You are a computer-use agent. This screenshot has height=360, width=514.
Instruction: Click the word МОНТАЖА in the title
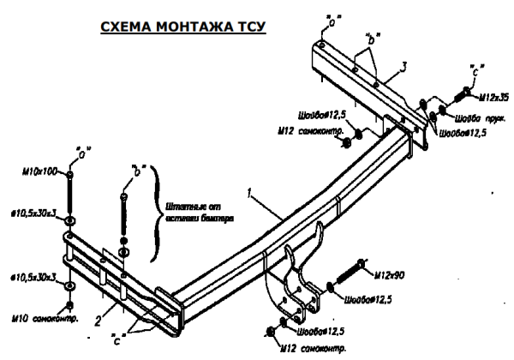coord(182,27)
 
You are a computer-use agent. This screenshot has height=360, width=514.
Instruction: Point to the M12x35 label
coord(492,97)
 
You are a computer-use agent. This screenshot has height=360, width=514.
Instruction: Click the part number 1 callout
coord(249,196)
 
